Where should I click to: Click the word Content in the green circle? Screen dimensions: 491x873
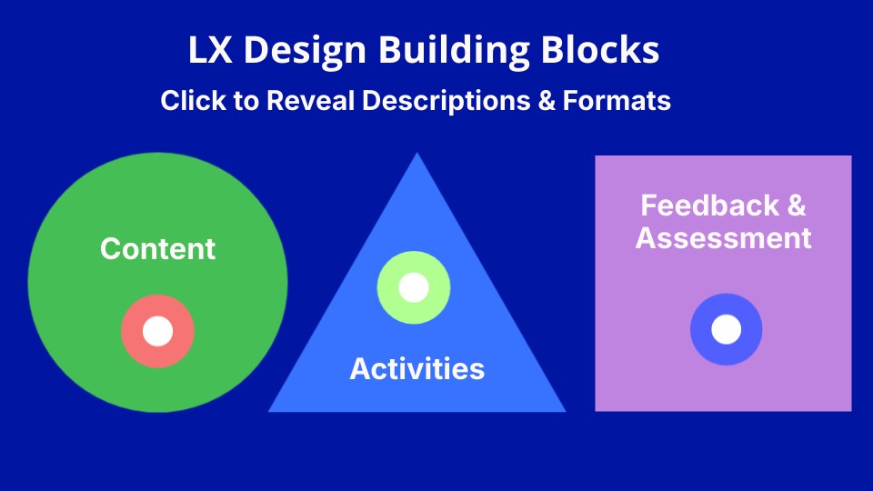coord(158,249)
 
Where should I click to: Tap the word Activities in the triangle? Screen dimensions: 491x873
coord(416,369)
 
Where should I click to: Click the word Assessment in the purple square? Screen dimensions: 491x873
coord(723,238)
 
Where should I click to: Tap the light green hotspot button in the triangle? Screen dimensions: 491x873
coord(414,288)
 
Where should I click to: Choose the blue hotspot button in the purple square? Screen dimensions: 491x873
coord(726,329)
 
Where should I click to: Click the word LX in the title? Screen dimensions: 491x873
coord(208,50)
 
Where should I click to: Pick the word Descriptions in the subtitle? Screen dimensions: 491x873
coord(446,100)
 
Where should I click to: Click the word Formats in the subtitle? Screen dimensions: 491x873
coord(617,100)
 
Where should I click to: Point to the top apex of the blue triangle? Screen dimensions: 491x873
coord(417,154)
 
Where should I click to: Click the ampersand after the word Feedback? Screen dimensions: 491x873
coord(796,205)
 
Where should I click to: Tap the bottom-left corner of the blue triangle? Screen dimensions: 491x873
coord(270,410)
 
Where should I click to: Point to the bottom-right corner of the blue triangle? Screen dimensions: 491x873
coord(564,410)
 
